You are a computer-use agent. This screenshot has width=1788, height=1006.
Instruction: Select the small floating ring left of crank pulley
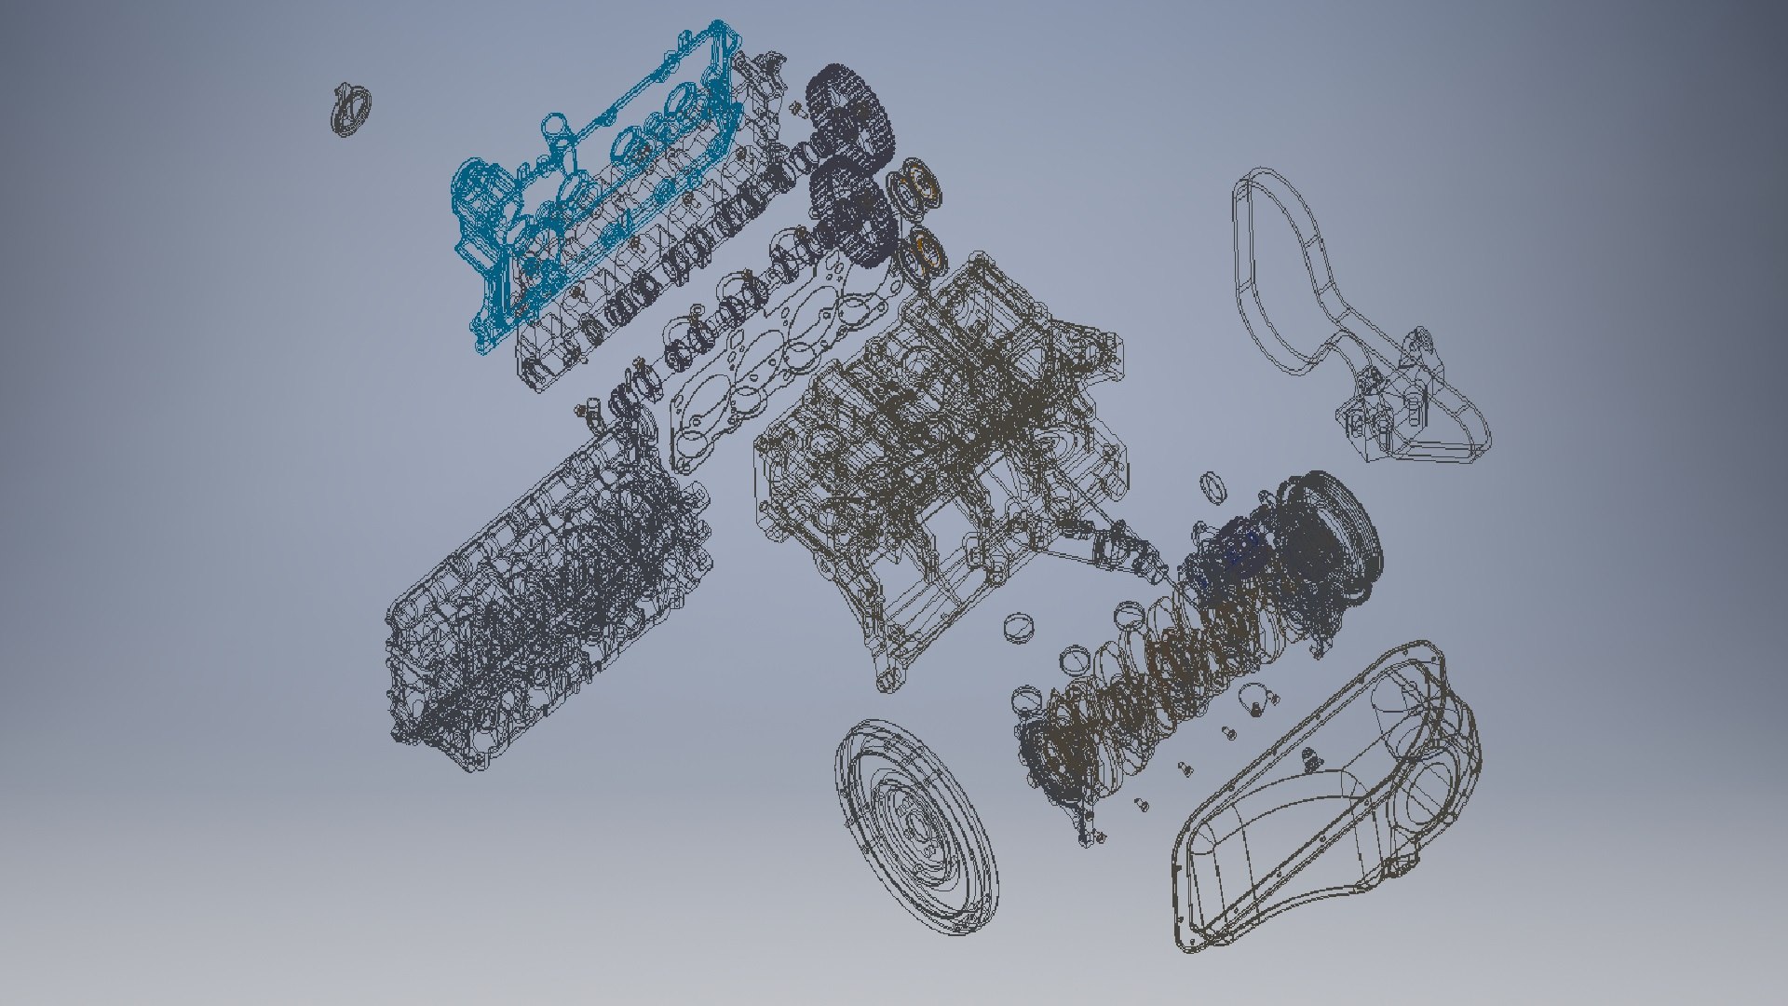pos(1212,485)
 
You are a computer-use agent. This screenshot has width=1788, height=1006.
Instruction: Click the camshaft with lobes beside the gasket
pos(708,317)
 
